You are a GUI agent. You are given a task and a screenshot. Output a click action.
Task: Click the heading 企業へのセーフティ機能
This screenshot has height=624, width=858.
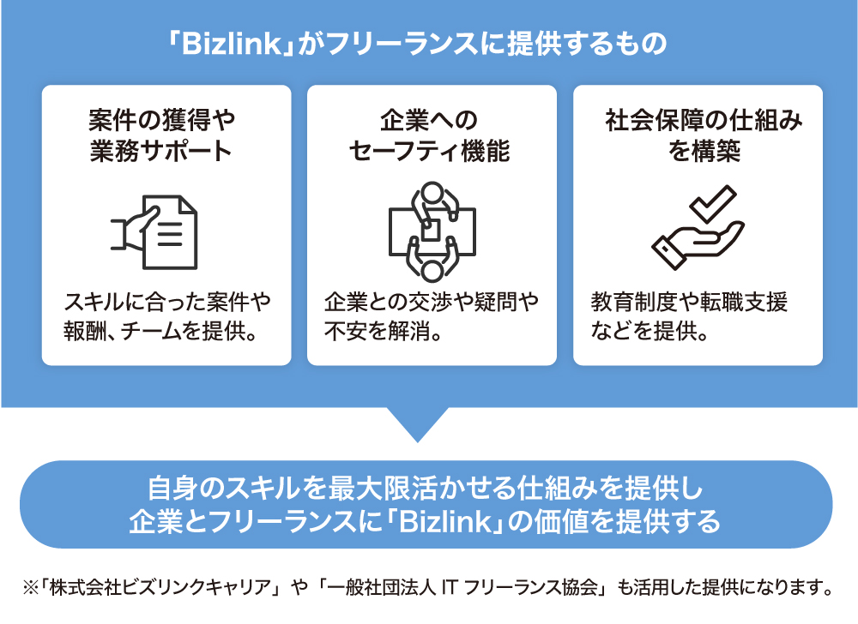click(x=429, y=135)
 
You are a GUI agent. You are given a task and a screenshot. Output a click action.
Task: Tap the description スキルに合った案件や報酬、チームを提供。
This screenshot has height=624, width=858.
click(x=167, y=315)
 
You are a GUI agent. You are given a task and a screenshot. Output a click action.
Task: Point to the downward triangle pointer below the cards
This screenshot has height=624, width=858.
click(x=418, y=423)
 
